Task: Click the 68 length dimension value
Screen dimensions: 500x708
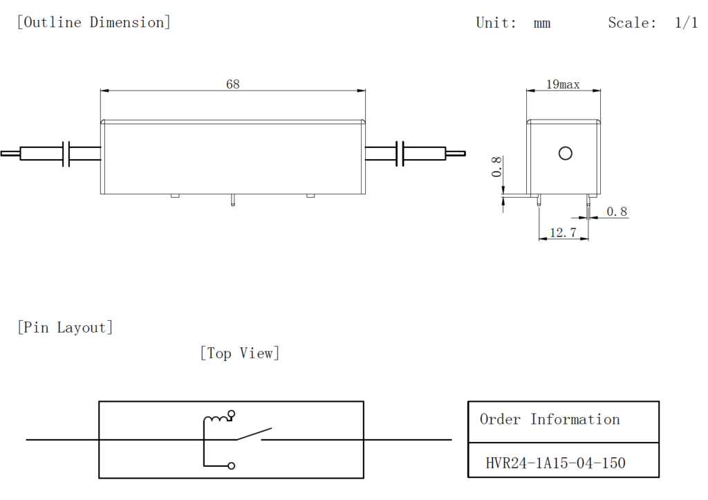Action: point(233,84)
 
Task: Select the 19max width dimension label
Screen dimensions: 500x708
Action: point(563,84)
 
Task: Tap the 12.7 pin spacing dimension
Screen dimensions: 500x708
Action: point(563,234)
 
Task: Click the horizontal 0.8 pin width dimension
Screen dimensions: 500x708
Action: point(617,212)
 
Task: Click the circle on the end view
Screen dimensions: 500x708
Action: point(565,154)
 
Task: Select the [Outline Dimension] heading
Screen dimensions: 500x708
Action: point(93,22)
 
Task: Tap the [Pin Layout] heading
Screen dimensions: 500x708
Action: point(64,327)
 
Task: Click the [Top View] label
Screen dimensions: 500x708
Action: point(240,353)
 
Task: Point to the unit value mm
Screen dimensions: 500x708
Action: point(542,23)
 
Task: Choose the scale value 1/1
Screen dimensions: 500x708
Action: point(686,23)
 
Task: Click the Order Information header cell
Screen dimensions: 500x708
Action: point(550,420)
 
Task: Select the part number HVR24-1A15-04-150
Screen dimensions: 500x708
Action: point(556,463)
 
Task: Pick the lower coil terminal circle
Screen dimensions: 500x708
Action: point(232,465)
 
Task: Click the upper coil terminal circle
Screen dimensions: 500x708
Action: point(232,415)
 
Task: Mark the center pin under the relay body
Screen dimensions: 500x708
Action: point(233,201)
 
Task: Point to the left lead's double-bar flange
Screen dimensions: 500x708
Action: point(67,154)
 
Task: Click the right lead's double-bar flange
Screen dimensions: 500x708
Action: point(400,154)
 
